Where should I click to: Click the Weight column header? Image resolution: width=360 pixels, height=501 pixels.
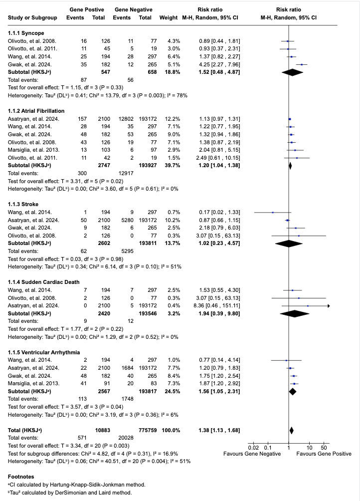[169, 18]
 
